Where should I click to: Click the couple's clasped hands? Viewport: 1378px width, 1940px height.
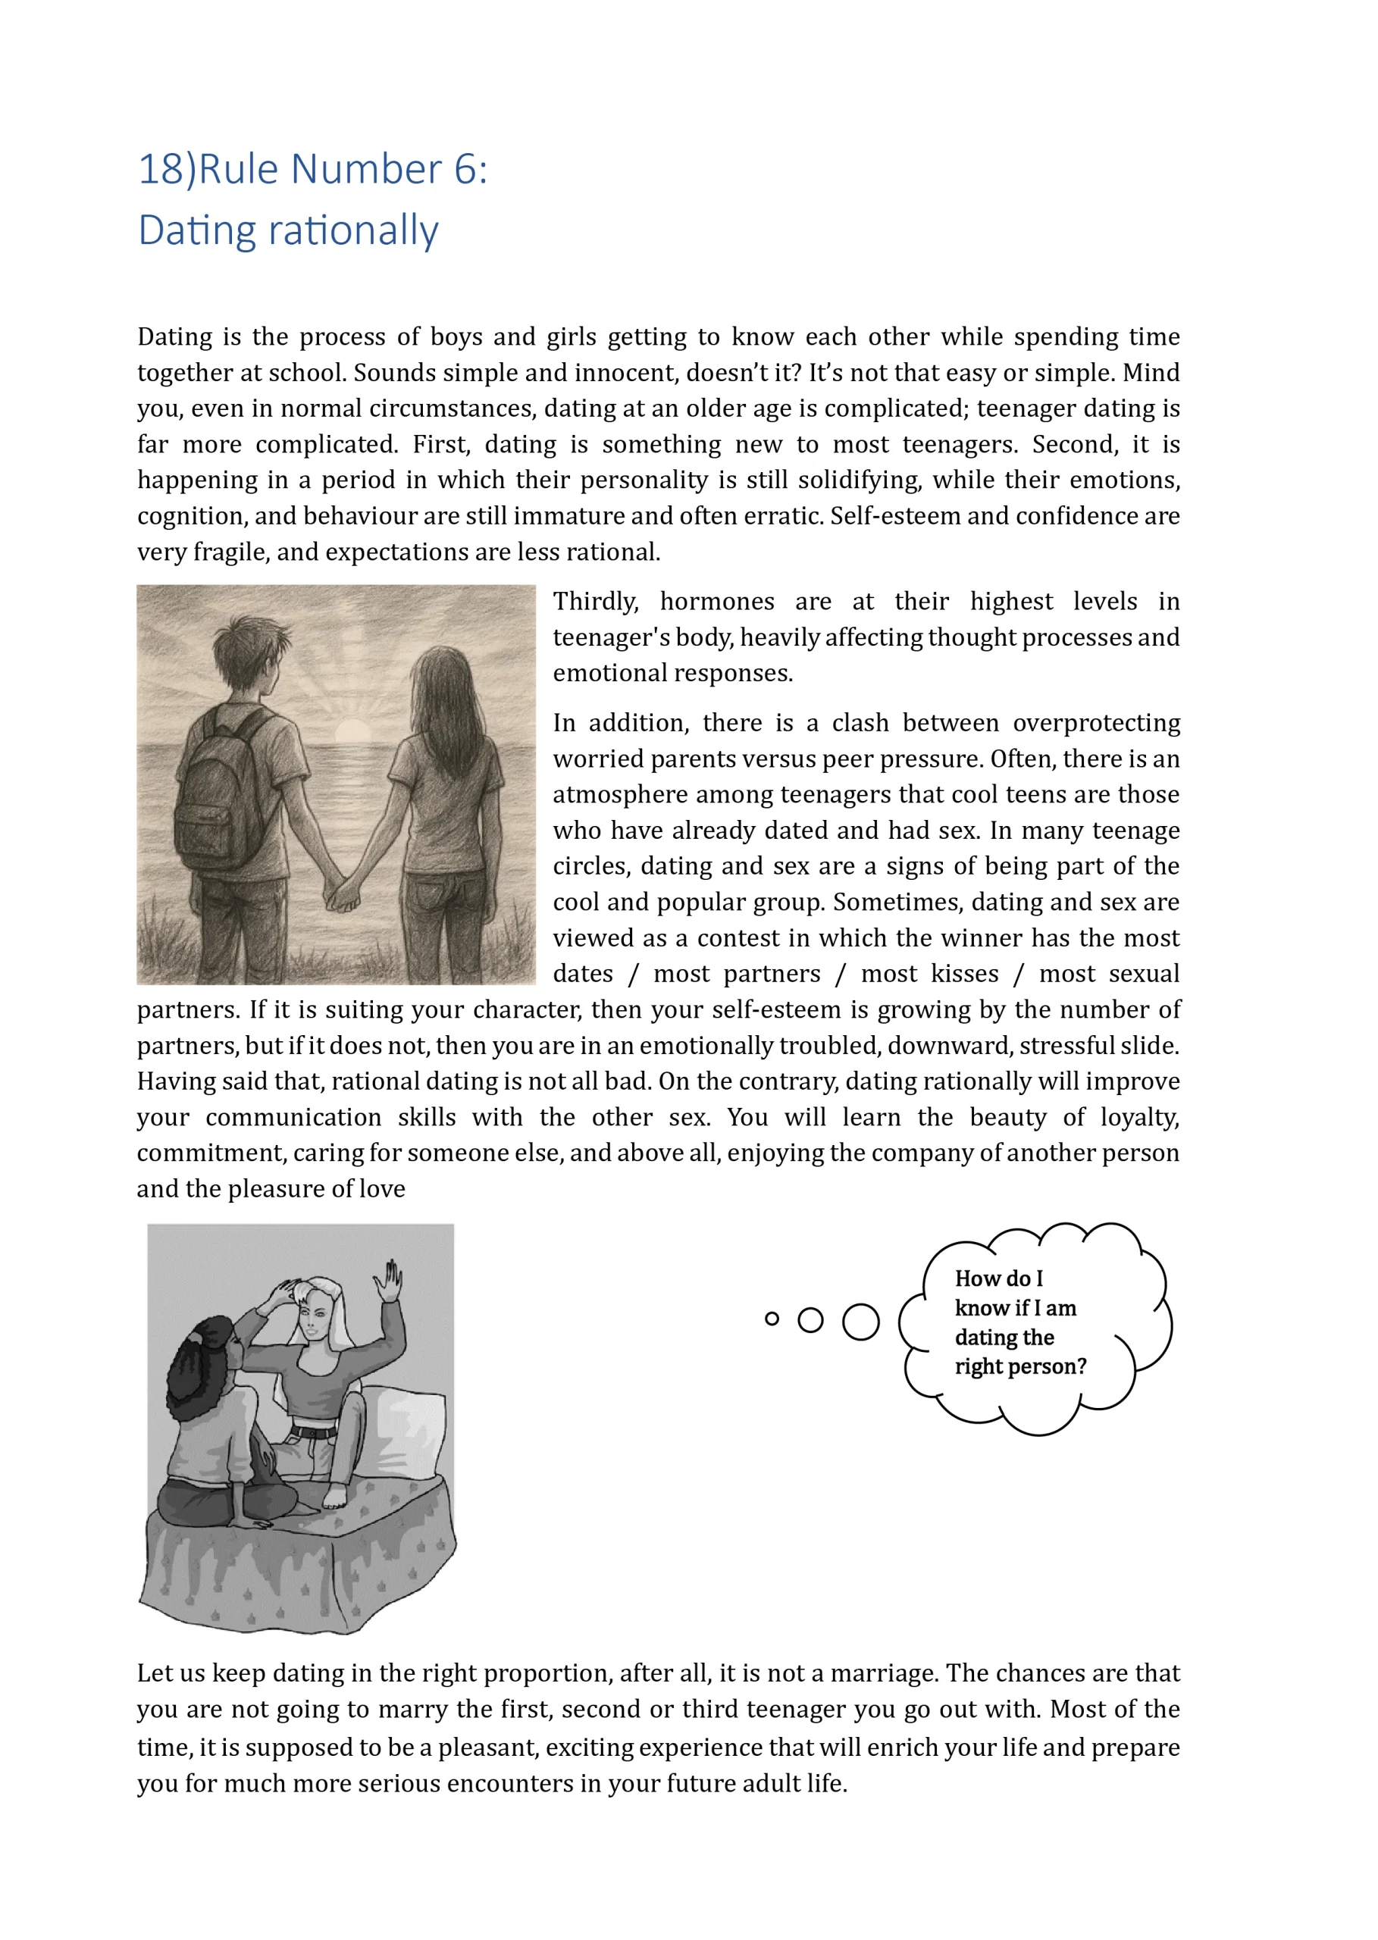coord(343,894)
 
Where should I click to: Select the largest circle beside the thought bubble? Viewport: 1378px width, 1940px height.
coord(860,1322)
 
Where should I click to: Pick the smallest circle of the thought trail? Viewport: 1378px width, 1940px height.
coord(772,1319)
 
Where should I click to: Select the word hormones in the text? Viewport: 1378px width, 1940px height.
coord(717,602)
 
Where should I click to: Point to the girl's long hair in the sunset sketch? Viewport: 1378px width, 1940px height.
coord(446,712)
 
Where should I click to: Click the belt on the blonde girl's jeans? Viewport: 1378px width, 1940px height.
coord(314,1433)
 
